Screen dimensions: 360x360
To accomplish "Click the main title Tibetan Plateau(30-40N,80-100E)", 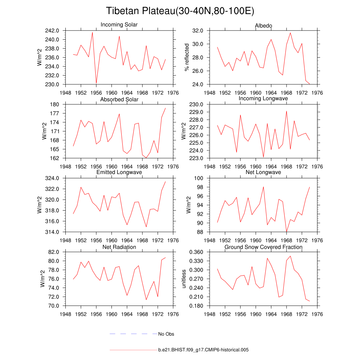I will coord(180,11).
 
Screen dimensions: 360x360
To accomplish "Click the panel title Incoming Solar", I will coord(119,25).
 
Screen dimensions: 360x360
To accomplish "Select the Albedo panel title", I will coord(263,26).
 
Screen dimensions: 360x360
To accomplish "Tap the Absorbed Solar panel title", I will coord(119,99).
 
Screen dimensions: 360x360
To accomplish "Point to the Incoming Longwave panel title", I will coord(263,98).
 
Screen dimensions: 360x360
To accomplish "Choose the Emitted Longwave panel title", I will coord(119,172).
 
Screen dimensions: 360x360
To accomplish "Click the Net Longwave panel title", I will coord(263,172).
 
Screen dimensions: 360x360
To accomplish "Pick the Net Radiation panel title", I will coord(119,247).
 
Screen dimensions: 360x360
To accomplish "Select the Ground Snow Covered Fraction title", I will coord(263,247).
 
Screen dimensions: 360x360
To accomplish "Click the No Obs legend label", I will coord(166,334).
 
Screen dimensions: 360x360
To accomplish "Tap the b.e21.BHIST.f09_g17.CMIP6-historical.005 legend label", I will coord(204,350).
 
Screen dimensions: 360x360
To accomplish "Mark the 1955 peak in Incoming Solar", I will coord(92,32).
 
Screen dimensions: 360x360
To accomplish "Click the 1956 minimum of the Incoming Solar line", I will coord(96,83).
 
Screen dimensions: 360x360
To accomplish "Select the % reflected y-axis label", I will coord(187,57).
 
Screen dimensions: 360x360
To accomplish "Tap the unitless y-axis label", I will coord(183,278).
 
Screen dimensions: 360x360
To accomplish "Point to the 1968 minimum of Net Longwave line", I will coord(287,232).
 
